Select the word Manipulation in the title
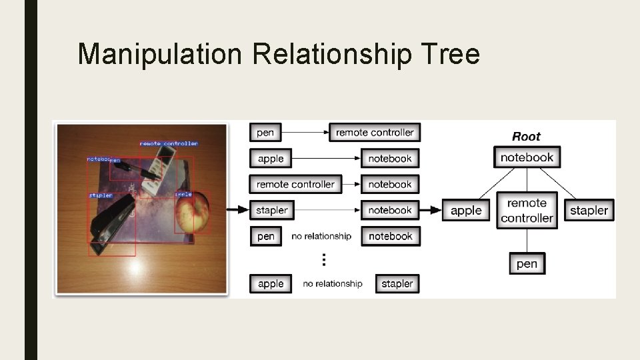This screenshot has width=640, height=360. pos(159,54)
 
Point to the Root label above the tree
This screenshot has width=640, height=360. pos(526,137)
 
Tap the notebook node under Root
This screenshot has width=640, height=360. pos(527,157)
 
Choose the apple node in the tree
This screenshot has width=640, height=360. pos(465,211)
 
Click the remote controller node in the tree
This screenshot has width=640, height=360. pos(527,211)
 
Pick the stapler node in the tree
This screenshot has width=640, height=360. pos(589,211)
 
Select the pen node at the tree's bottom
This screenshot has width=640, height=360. pos(527,264)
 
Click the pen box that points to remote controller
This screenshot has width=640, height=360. pos(265,133)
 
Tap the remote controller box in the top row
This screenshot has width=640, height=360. pos(375,133)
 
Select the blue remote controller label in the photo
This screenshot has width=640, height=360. pos(169,143)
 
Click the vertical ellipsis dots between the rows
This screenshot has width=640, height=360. pos(324,259)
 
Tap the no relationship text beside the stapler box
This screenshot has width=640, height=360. pos(332,284)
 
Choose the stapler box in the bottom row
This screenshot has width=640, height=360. pos(397,284)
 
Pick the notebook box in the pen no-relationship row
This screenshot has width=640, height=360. pos(390,236)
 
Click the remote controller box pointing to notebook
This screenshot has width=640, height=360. pos(295,185)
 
